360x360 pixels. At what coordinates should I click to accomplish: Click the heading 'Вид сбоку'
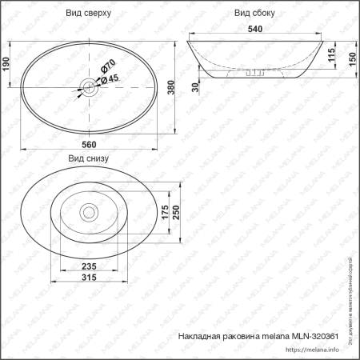[254, 14]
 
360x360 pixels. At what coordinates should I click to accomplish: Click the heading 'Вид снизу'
[88, 158]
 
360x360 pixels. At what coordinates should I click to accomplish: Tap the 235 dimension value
[88, 267]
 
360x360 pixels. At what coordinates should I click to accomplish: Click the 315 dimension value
[88, 278]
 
